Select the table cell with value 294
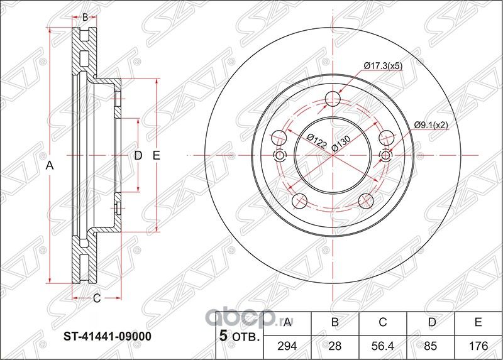click(287, 345)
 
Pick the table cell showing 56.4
click(383, 345)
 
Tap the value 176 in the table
click(478, 345)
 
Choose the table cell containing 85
click(430, 345)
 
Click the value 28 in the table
click(335, 345)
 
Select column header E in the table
click(478, 323)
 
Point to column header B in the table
click(335, 323)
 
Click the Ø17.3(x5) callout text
click(384, 66)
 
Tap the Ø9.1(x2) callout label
click(431, 125)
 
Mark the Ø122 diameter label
click(316, 141)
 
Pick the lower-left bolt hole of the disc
click(300, 201)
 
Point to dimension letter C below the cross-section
click(97, 299)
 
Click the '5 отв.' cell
click(239, 337)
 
